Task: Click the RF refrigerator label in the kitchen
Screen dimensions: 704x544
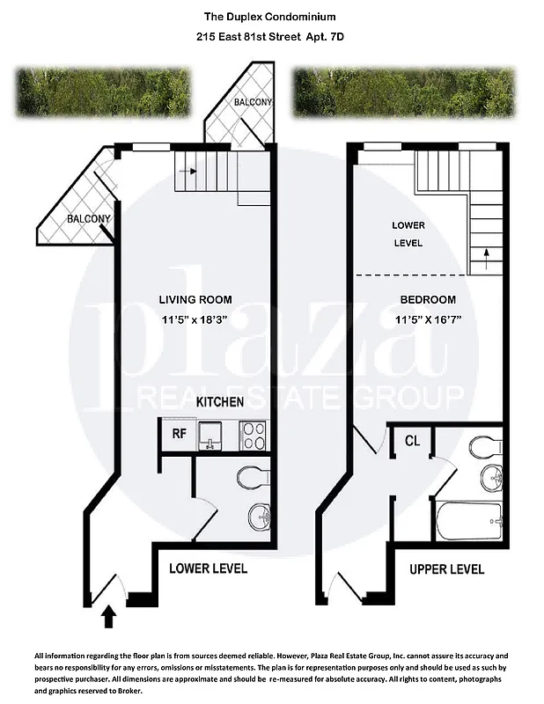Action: (x=178, y=434)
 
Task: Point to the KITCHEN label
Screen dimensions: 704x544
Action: (x=219, y=402)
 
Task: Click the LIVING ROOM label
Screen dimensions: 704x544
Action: (x=195, y=299)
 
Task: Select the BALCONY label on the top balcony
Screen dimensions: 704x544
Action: (x=253, y=103)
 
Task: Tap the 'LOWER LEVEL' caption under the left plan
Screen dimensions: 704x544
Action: (x=208, y=568)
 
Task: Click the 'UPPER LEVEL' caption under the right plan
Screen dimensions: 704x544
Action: (x=447, y=569)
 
